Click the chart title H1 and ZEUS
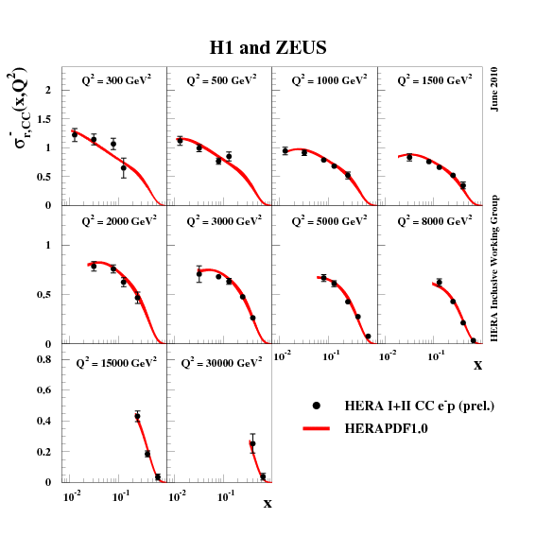click(x=268, y=46)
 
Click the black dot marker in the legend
click(x=317, y=405)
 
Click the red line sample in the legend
click(x=317, y=428)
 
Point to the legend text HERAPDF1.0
click(x=384, y=429)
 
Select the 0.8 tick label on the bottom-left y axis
click(x=43, y=359)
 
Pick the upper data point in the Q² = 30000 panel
click(x=252, y=443)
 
